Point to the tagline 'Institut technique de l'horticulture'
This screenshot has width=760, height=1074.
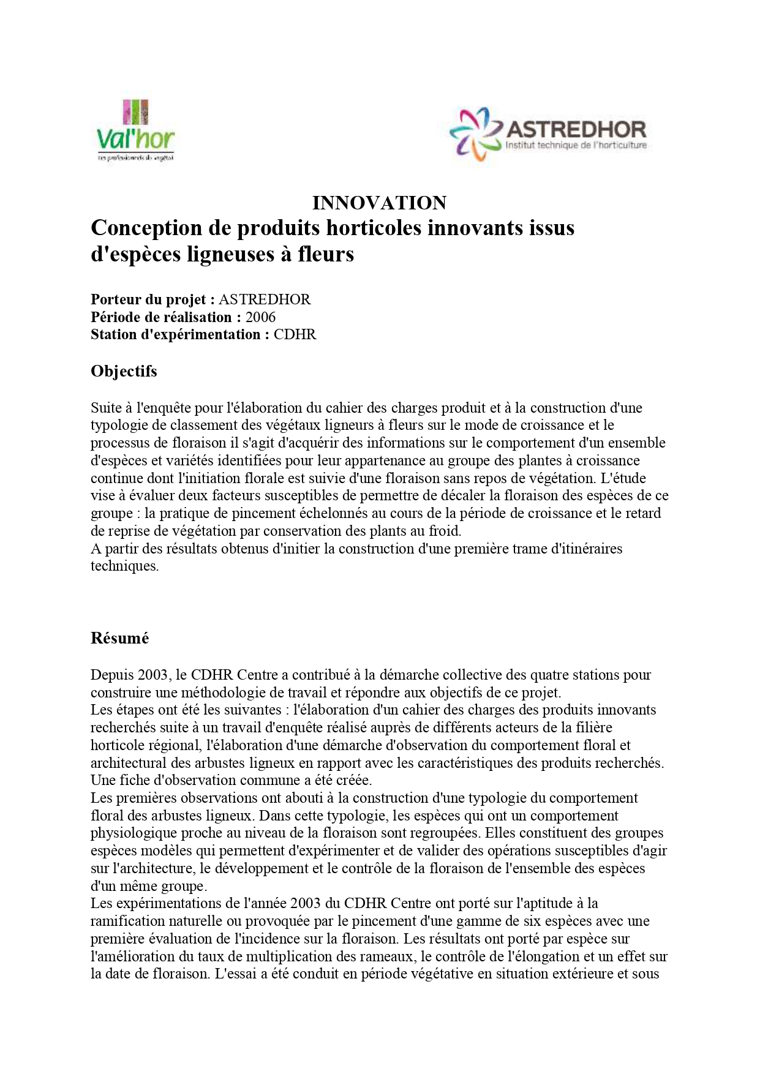coord(576,146)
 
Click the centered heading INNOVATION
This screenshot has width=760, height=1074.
coord(379,203)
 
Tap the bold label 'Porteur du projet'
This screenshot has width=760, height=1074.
coord(148,299)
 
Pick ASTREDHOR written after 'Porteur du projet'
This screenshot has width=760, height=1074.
coord(265,299)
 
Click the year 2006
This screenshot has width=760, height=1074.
coord(260,317)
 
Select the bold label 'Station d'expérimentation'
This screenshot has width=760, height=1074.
coord(176,334)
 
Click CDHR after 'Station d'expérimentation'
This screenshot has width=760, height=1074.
coord(295,334)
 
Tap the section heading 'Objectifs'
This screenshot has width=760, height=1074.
coord(124,371)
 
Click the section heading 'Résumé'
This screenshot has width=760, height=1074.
coord(119,638)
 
